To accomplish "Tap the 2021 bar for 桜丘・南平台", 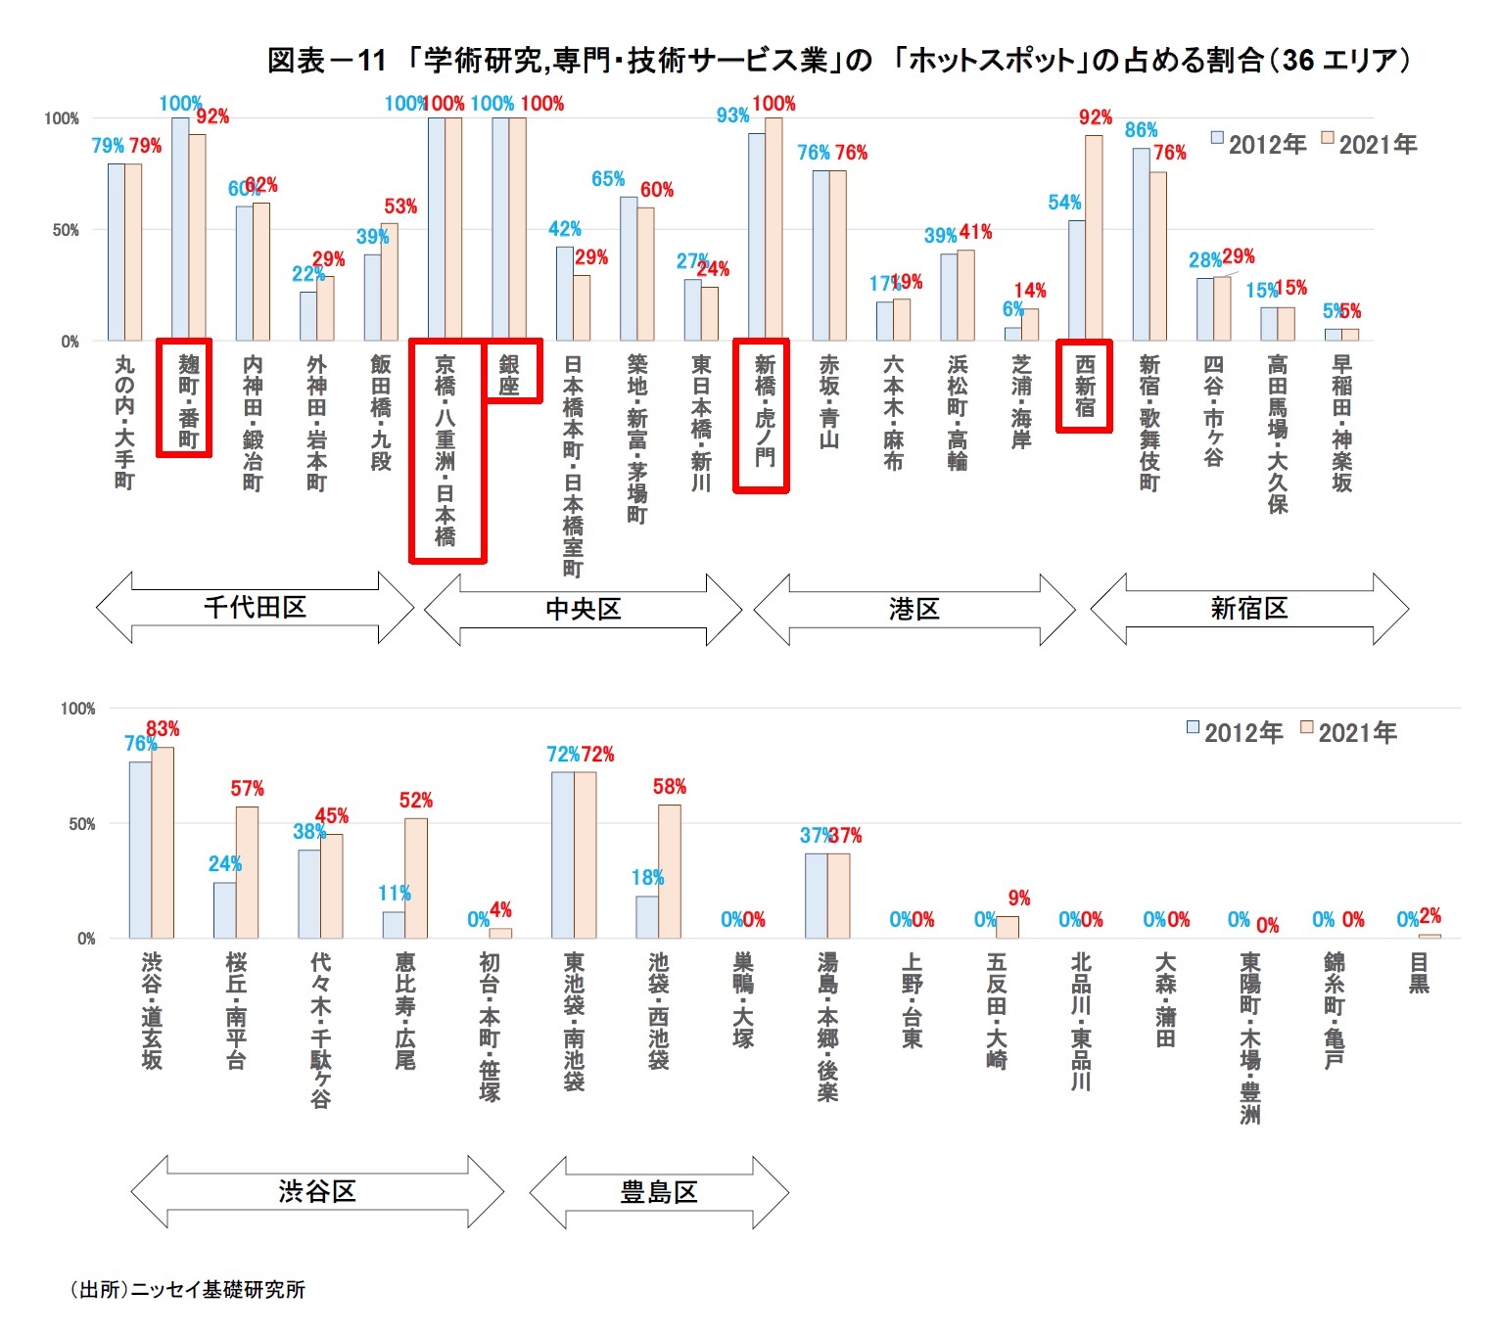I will tap(247, 872).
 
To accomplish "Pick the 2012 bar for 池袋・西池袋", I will tap(647, 917).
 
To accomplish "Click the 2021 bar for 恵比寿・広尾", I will tap(416, 878).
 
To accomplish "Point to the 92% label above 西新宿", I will tap(1095, 117).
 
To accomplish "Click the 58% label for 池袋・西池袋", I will tap(670, 787).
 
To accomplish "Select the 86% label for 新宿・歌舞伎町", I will tap(1141, 130).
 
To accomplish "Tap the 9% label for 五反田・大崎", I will tap(1019, 898).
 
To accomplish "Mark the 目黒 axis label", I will tap(1419, 973).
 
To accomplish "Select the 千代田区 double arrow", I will tap(255, 608).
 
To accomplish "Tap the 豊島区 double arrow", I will tap(659, 1192).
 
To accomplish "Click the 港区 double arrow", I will tap(914, 610).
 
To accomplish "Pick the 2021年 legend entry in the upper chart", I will tap(1369, 144).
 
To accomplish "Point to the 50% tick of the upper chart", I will tap(65, 230).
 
